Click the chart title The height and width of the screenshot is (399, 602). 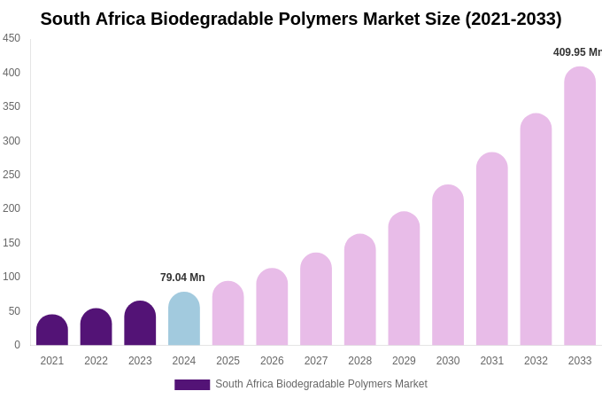pyautogui.click(x=301, y=19)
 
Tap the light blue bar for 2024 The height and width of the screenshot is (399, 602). pyautogui.click(x=184, y=319)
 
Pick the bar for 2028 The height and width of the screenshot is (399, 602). pyautogui.click(x=360, y=290)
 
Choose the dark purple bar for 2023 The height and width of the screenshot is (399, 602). pyautogui.click(x=140, y=324)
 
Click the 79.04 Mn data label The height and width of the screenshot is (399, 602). pyautogui.click(x=182, y=278)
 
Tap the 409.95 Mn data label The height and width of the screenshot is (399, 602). pyautogui.click(x=576, y=52)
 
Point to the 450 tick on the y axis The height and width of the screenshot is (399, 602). pyautogui.click(x=12, y=38)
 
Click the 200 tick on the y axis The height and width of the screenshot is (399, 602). pyautogui.click(x=12, y=208)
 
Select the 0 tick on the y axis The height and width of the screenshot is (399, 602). pyautogui.click(x=17, y=345)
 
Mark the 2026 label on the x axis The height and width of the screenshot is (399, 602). pyautogui.click(x=272, y=361)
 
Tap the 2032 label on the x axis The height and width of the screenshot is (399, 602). pyautogui.click(x=536, y=361)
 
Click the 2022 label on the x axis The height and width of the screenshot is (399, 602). pyautogui.click(x=96, y=361)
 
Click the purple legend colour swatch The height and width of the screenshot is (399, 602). pyautogui.click(x=192, y=385)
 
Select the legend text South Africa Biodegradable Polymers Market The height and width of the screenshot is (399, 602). pyautogui.click(x=321, y=384)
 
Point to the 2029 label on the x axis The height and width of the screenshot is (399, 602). pyautogui.click(x=404, y=361)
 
